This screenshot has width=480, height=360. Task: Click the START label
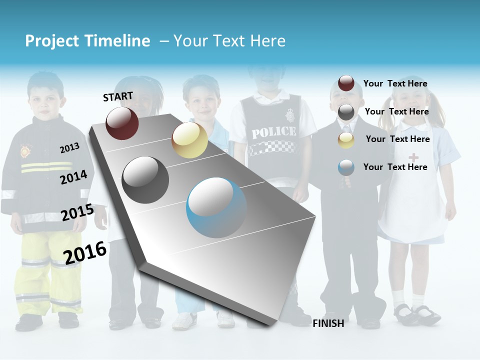(x=118, y=96)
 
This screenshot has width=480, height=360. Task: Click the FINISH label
(x=328, y=323)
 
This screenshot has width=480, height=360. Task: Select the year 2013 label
(x=69, y=148)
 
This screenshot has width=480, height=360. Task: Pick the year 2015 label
(x=77, y=213)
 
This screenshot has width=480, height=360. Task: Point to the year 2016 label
(x=85, y=252)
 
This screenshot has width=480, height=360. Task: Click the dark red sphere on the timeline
(x=122, y=123)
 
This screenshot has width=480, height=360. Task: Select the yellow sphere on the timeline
(x=189, y=140)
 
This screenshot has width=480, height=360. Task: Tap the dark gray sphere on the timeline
(x=145, y=180)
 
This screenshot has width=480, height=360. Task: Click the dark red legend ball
(x=346, y=83)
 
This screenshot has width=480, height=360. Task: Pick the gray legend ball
(x=346, y=112)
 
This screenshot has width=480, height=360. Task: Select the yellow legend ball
(x=346, y=140)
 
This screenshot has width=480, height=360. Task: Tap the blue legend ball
(x=346, y=167)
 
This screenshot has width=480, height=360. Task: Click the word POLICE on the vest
(x=273, y=132)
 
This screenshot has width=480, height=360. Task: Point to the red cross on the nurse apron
(x=413, y=157)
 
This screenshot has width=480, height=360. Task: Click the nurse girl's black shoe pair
(x=417, y=313)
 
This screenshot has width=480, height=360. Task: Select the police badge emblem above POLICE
(x=289, y=116)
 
